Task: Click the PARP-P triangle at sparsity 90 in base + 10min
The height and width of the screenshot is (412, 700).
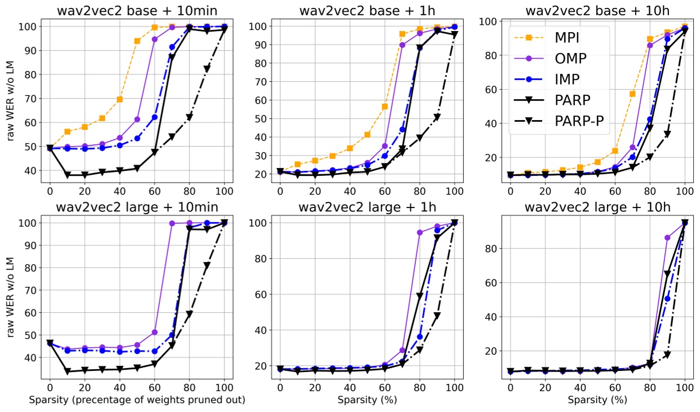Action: click(x=207, y=69)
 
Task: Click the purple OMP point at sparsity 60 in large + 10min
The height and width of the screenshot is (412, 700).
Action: click(x=154, y=333)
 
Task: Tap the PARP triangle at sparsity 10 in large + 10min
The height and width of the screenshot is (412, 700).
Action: click(x=67, y=371)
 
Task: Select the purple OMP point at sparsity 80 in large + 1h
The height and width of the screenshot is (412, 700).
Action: click(x=420, y=232)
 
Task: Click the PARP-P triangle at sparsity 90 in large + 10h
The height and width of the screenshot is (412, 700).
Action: click(x=667, y=355)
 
